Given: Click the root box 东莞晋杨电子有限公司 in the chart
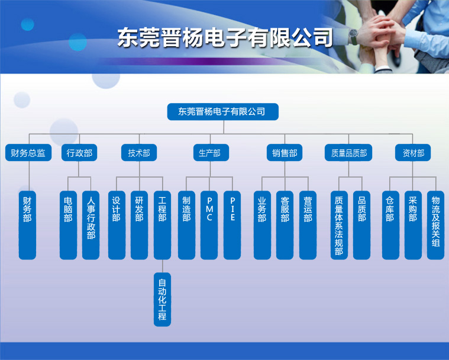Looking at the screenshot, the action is tap(223, 111).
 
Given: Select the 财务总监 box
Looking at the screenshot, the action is tap(28, 153).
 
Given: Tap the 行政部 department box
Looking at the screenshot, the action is tap(79, 153).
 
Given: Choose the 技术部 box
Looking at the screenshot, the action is tap(139, 153).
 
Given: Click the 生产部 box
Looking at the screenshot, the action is tap(211, 153).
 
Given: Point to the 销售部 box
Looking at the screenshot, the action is tap(285, 153).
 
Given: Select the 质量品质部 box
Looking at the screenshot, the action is tap(348, 153).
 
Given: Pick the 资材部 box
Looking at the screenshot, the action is tap(413, 153).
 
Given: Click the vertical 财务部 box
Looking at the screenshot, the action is tap(27, 225).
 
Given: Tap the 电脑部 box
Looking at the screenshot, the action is tap(68, 225).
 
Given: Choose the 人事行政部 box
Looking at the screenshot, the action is tap(91, 225).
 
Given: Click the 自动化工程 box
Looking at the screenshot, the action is tap(162, 300).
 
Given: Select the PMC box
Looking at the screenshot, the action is tap(209, 225).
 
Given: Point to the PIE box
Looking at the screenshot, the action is tap(232, 225).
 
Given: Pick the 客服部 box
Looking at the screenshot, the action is tap(285, 225).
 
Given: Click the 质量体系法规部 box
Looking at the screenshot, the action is tap(340, 225).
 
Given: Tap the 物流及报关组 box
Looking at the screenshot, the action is tap(435, 225).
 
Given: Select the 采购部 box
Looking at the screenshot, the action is tap(413, 225).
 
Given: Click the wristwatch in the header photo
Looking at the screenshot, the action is tap(354, 36).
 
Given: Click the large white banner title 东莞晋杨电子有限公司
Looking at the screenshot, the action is tap(225, 37).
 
